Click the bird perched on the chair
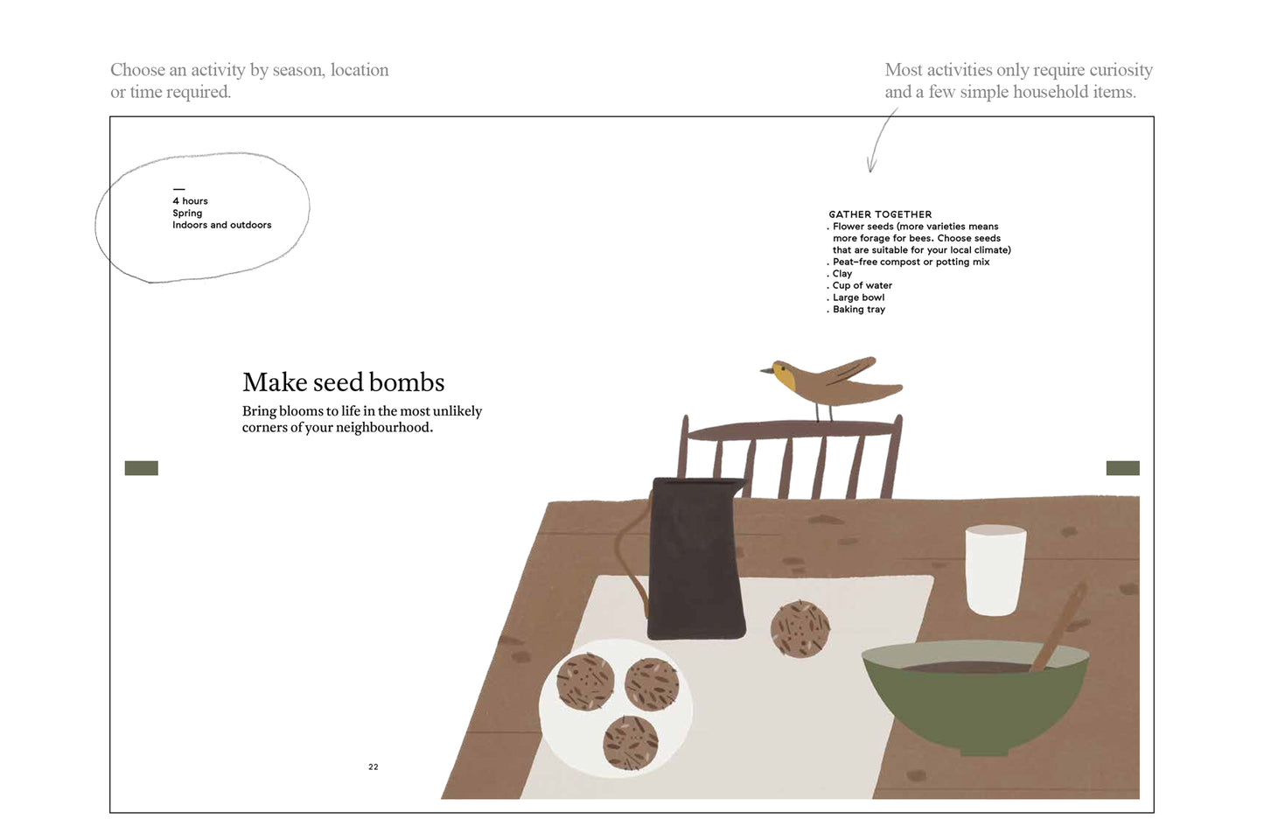(x=829, y=385)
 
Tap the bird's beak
(x=766, y=371)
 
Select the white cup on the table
(x=995, y=570)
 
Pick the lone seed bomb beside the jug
(x=800, y=629)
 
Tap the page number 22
(x=373, y=766)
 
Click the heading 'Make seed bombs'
(x=343, y=382)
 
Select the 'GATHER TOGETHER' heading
(x=880, y=214)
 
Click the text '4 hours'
(x=190, y=201)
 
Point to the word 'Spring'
(x=187, y=213)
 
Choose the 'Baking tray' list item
(x=859, y=309)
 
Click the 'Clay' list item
(x=842, y=274)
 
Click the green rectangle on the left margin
(x=141, y=468)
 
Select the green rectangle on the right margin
(x=1122, y=468)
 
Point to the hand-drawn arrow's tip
(x=870, y=171)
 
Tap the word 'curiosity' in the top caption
(x=1121, y=70)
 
